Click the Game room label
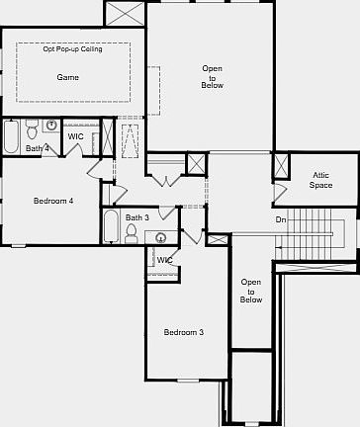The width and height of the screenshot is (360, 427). [x=68, y=76]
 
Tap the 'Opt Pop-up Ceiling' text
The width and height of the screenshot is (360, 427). [x=73, y=48]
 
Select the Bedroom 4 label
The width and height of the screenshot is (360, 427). [x=53, y=201]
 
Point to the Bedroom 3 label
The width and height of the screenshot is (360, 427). [x=184, y=332]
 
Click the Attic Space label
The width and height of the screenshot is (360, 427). [x=321, y=180]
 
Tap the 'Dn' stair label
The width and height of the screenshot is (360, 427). [x=281, y=219]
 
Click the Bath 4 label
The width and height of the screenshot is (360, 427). [x=37, y=148]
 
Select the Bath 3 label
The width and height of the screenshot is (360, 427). [x=137, y=217]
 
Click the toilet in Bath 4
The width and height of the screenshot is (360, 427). [x=33, y=129]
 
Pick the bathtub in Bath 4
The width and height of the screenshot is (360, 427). [x=11, y=135]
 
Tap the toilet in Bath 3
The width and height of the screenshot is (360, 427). [x=132, y=233]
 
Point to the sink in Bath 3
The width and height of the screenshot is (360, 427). [x=159, y=236]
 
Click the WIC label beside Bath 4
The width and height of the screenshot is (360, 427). [x=76, y=136]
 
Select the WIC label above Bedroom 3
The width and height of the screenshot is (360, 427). [x=165, y=260]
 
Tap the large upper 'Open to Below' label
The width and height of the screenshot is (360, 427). [x=213, y=77]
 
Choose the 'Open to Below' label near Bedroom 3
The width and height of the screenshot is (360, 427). [x=251, y=290]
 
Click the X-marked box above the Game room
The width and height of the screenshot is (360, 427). [x=125, y=14]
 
